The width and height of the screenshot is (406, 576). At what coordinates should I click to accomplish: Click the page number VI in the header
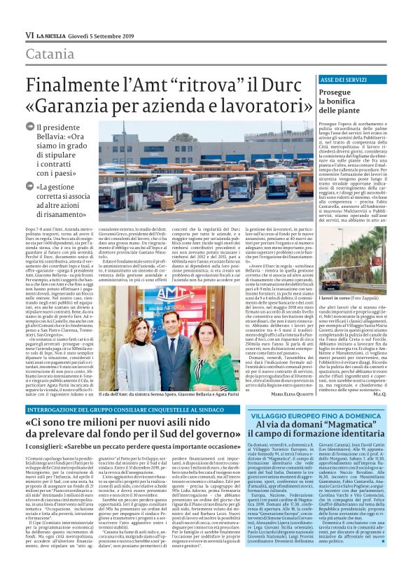29,34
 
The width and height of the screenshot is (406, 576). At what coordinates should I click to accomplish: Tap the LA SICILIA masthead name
52,34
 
